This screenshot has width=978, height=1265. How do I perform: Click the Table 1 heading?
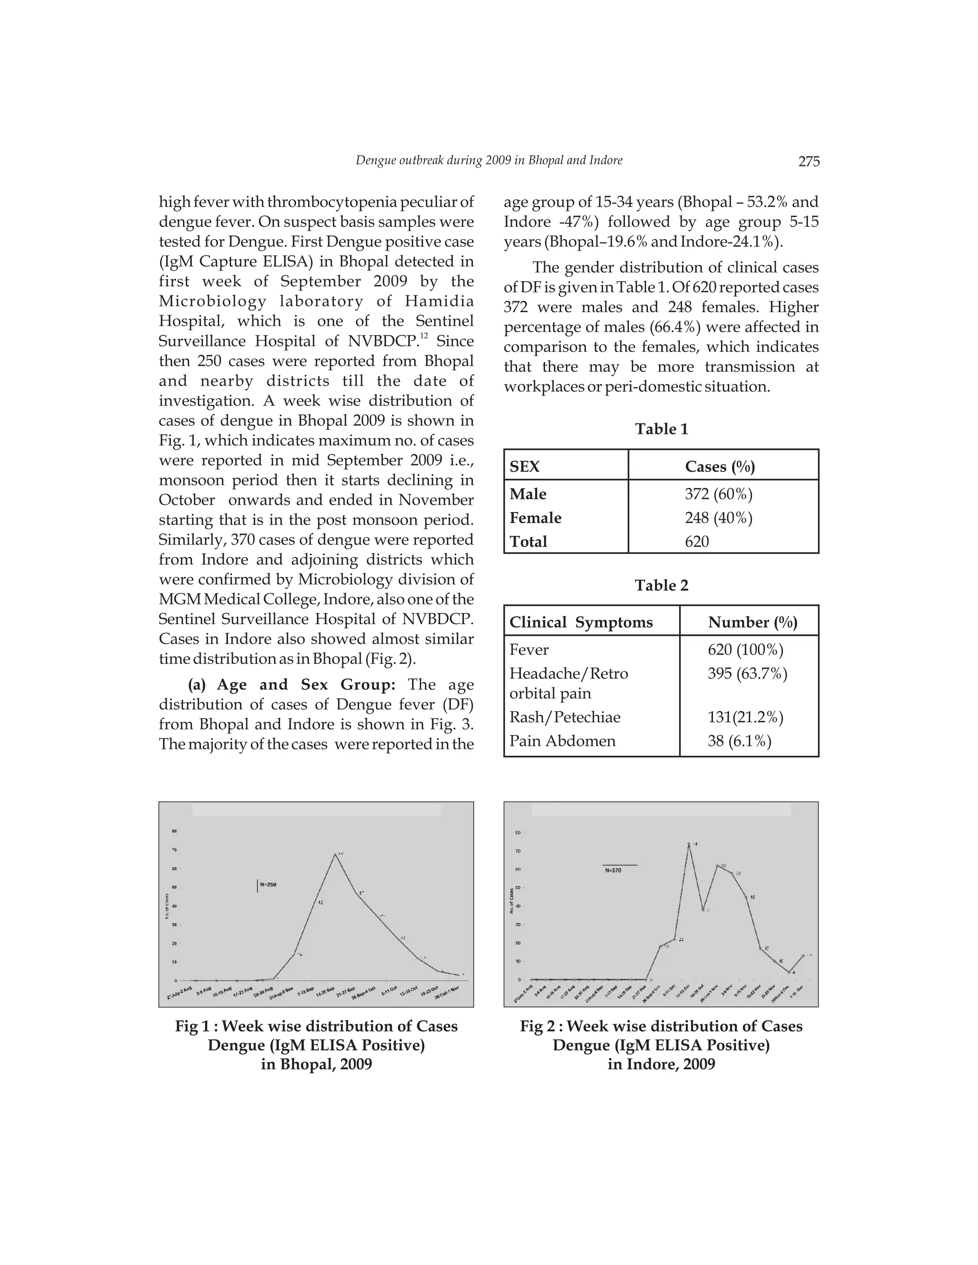(661, 429)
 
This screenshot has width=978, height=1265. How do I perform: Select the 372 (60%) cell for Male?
(718, 494)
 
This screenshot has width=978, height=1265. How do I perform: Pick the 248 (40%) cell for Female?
(718, 518)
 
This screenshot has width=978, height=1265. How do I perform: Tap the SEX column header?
(524, 467)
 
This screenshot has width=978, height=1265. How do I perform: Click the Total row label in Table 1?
(529, 542)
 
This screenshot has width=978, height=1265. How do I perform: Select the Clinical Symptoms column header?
(581, 622)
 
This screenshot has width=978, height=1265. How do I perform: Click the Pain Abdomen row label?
(562, 741)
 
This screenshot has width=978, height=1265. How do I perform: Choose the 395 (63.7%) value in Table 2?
(747, 674)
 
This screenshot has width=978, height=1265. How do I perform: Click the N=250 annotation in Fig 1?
(268, 885)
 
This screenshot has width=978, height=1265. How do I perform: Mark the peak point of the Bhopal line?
(335, 854)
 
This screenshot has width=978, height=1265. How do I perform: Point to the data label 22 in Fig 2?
(681, 939)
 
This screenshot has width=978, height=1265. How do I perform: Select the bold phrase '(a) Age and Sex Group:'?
(291, 685)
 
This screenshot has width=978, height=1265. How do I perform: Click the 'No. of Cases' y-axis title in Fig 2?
(511, 901)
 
